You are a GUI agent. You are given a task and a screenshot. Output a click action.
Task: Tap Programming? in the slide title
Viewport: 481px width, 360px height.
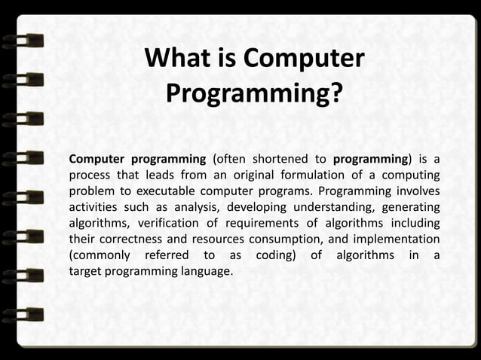click(253, 95)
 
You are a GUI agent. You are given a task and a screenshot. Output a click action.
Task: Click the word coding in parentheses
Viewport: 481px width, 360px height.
click(274, 255)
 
